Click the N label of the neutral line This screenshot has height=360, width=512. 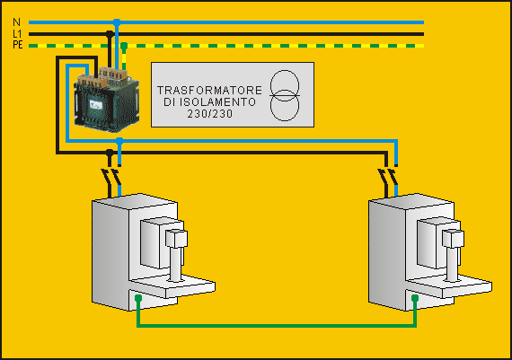click(x=17, y=22)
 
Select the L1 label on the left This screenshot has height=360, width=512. click(x=17, y=33)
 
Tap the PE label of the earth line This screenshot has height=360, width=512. click(x=18, y=45)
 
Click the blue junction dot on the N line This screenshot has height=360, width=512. click(x=117, y=22)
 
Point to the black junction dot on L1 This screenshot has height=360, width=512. click(x=110, y=33)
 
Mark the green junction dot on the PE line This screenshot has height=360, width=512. click(x=124, y=46)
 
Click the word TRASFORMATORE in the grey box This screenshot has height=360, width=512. click(x=209, y=90)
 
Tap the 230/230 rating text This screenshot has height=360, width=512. click(x=210, y=114)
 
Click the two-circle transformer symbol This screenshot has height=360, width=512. click(x=285, y=95)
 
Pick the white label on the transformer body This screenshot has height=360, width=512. click(x=96, y=105)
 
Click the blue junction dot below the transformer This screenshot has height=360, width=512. click(x=119, y=141)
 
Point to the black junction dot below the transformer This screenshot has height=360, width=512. click(x=110, y=152)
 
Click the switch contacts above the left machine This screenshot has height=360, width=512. click(x=111, y=176)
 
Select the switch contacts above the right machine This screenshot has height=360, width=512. click(x=388, y=176)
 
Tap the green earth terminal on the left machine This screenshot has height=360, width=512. click(x=138, y=298)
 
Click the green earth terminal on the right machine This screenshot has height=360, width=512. click(x=415, y=298)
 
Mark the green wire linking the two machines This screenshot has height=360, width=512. click(x=277, y=325)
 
